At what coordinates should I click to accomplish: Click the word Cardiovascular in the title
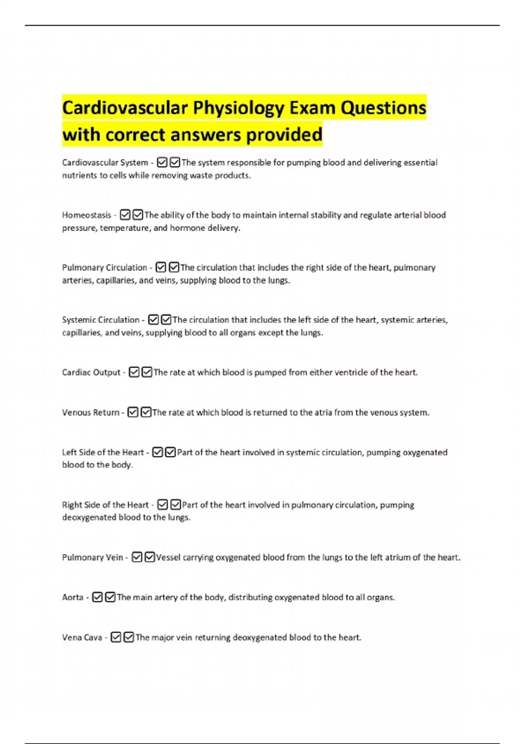(125, 108)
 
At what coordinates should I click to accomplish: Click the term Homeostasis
(87, 215)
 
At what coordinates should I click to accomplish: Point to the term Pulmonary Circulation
(105, 267)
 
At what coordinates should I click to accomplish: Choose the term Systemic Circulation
(101, 320)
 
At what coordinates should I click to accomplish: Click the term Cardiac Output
(91, 372)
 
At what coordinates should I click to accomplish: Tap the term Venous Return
(91, 412)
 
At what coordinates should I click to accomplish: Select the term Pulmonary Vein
(92, 557)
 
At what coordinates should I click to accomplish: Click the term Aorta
(73, 597)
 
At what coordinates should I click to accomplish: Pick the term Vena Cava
(82, 637)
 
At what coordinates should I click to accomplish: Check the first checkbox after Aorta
(97, 597)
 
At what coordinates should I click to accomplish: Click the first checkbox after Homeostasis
(125, 215)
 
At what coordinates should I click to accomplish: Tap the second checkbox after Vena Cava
(129, 637)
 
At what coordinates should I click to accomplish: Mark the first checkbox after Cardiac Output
(134, 372)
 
